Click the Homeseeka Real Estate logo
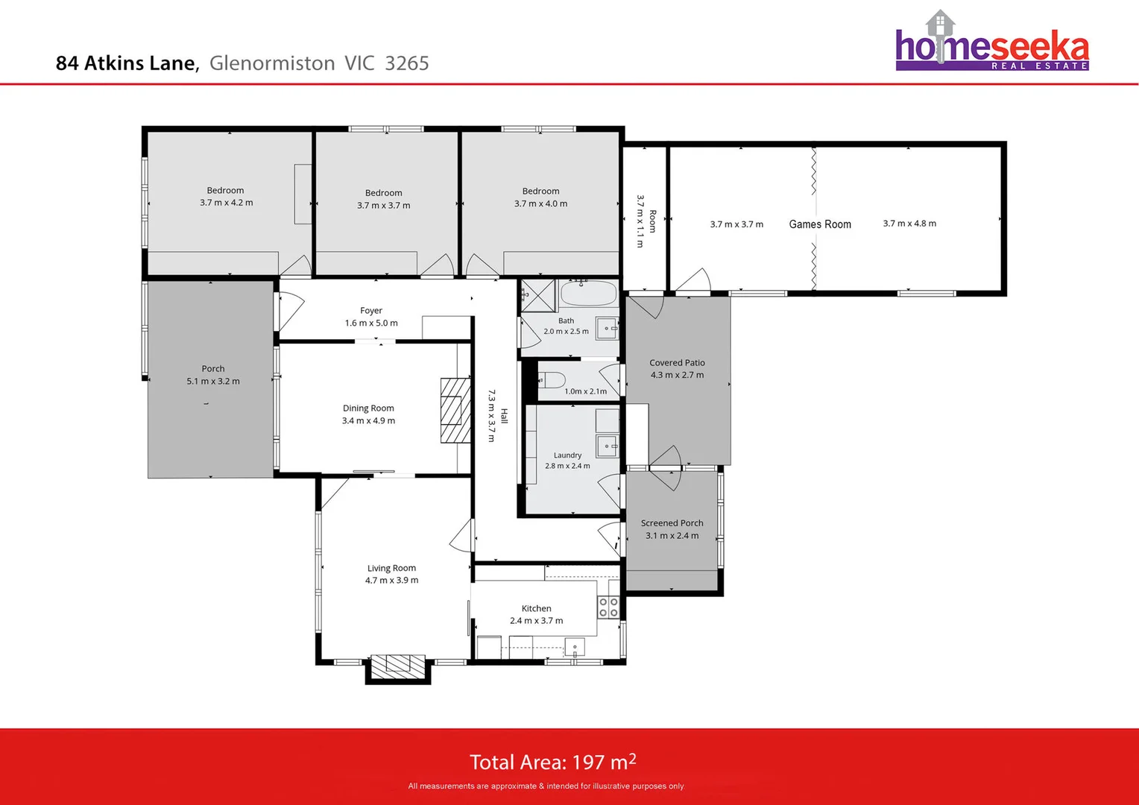pos(991,41)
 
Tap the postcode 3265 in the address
pos(407,63)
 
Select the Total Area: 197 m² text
pos(552,762)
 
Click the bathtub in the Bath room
pos(588,294)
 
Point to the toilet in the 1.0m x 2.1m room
pos(552,379)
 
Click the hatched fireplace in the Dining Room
pos(455,411)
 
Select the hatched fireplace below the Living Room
pos(397,666)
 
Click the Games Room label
pos(820,224)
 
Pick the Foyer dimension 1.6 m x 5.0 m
pos(371,323)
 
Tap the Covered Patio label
pos(677,362)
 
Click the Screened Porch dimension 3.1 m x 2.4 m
pos(672,535)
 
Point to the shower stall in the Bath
pos(537,295)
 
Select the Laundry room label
pos(567,455)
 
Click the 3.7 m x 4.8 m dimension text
pos(909,224)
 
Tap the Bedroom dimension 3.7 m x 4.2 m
pos(227,203)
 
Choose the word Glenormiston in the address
pos(272,63)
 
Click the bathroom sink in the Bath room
pos(607,329)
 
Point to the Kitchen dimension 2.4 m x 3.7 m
pos(537,620)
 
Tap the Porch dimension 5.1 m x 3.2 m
pos(213,381)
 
